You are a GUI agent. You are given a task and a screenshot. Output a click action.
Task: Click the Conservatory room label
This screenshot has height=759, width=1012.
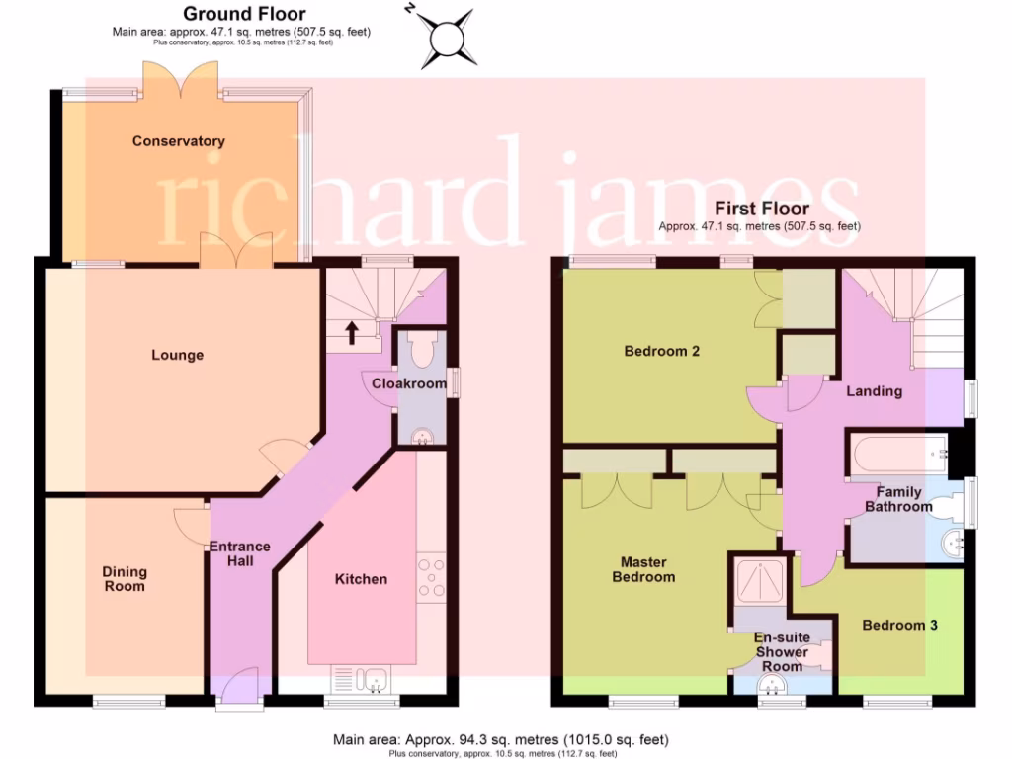click(x=179, y=141)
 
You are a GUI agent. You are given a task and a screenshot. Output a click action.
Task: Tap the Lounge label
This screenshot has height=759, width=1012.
click(x=178, y=355)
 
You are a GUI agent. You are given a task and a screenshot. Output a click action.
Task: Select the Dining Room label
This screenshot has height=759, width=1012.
click(x=125, y=579)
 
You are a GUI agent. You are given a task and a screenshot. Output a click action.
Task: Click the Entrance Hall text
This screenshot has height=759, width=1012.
click(x=239, y=553)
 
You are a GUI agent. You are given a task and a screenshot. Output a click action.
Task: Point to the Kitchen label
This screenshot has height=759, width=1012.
click(x=361, y=579)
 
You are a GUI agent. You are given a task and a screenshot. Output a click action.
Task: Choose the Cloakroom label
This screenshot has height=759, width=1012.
click(x=409, y=383)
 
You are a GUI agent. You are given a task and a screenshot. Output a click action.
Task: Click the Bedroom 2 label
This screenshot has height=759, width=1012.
click(x=662, y=351)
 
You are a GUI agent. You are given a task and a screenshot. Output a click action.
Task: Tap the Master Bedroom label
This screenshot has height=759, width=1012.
click(x=643, y=569)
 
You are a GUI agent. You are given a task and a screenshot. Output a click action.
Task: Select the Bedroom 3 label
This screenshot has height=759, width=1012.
click(x=899, y=625)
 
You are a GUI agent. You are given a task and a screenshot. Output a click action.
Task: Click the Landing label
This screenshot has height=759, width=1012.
click(x=875, y=391)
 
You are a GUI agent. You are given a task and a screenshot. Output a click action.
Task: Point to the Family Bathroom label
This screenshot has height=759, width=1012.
click(x=898, y=499)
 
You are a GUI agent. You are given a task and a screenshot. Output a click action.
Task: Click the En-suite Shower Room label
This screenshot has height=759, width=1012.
click(x=782, y=652)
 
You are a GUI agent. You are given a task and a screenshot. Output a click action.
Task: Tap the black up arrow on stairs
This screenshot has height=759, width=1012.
click(x=352, y=331)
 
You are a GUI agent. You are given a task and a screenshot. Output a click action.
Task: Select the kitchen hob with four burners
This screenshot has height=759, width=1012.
click(x=432, y=579)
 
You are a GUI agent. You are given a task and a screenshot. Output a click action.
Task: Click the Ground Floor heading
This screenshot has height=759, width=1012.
click(x=244, y=14)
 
